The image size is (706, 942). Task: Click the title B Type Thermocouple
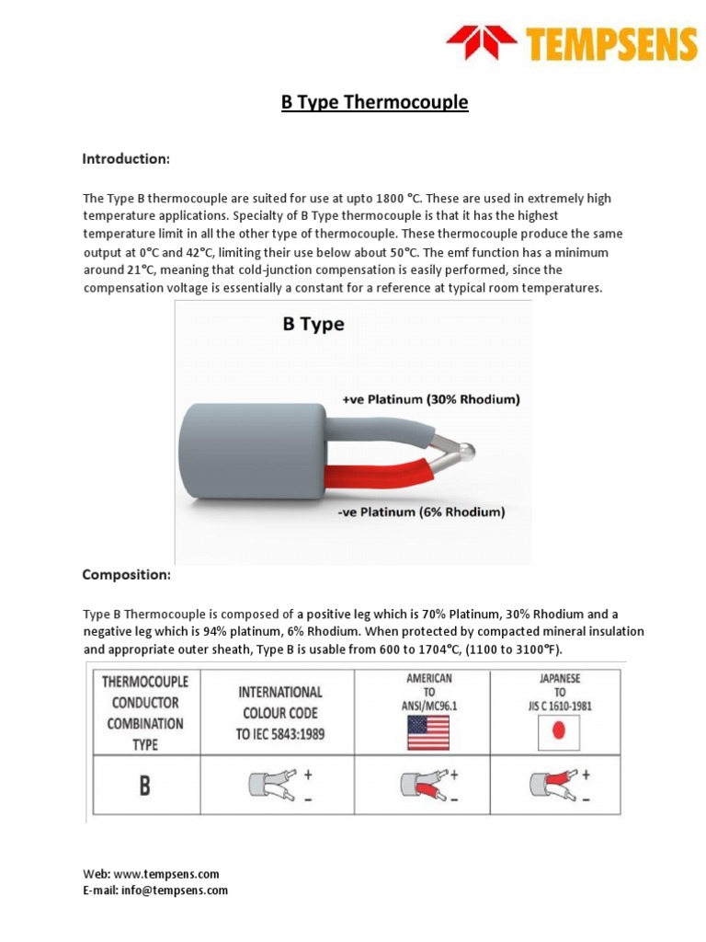374,102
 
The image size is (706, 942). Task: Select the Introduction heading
126,159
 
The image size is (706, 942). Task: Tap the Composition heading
126,575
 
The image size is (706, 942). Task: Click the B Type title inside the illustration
313,325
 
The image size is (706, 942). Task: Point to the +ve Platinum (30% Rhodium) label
430,400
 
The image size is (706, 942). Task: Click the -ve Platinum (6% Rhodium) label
422,511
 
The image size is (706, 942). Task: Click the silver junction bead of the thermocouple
466,451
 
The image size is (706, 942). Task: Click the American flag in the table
428,732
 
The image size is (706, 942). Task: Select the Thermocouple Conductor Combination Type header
144,712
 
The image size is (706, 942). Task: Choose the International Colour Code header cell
280,712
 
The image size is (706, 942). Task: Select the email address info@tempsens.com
176,890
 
